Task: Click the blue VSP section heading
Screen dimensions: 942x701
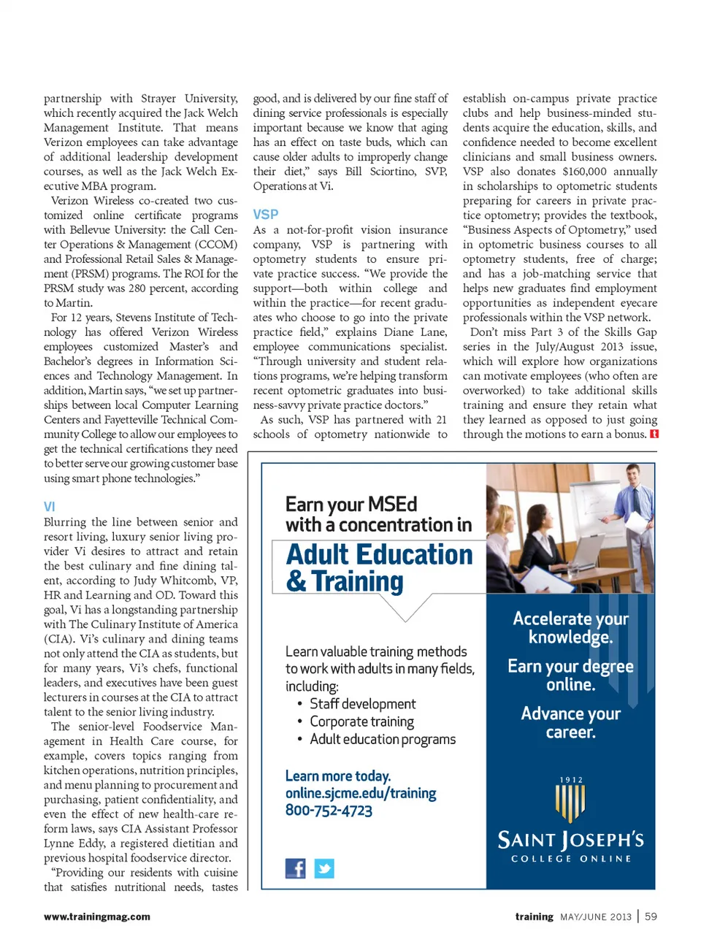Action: point(265,215)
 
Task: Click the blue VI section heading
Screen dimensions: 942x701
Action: point(49,507)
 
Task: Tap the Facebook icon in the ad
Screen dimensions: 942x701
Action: point(295,868)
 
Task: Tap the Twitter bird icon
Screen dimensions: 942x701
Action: point(324,868)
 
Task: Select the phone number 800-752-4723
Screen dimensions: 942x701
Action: point(329,811)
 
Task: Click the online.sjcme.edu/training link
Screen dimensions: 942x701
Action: point(361,793)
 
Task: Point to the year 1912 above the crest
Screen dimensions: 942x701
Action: point(571,780)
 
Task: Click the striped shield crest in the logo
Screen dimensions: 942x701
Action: point(570,803)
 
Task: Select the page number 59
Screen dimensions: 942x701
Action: point(651,916)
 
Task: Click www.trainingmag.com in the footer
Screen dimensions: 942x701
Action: point(97,916)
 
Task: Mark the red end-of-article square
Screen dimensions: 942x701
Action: point(654,434)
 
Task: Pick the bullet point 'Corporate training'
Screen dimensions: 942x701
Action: point(361,721)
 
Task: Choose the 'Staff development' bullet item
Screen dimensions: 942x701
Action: point(362,704)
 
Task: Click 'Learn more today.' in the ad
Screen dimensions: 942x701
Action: point(337,776)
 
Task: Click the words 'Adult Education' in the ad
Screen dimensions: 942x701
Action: point(379,555)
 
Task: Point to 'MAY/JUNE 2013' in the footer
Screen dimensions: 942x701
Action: point(595,917)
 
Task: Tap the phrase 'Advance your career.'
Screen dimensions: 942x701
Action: point(570,723)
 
